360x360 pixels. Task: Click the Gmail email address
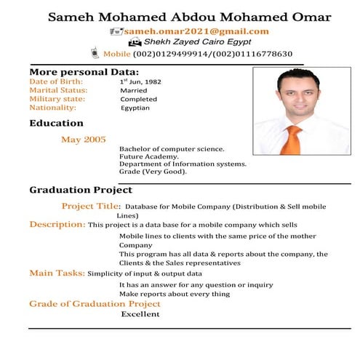pyautogui.click(x=196, y=31)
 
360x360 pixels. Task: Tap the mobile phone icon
pyautogui.click(x=95, y=53)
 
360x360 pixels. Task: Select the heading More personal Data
pyautogui.click(x=84, y=72)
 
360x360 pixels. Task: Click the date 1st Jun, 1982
pyautogui.click(x=140, y=81)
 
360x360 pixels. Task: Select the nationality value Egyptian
pyautogui.click(x=135, y=108)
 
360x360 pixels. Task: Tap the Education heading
pyautogui.click(x=56, y=124)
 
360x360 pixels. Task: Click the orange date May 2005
pyautogui.click(x=84, y=139)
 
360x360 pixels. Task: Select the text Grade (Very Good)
pyautogui.click(x=153, y=172)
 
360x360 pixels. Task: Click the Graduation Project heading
pyautogui.click(x=81, y=190)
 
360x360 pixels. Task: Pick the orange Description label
pyautogui.click(x=57, y=224)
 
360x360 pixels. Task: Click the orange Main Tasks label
pyautogui.click(x=57, y=273)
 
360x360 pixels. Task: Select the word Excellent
pyautogui.click(x=140, y=314)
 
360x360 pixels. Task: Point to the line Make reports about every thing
pyautogui.click(x=175, y=294)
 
